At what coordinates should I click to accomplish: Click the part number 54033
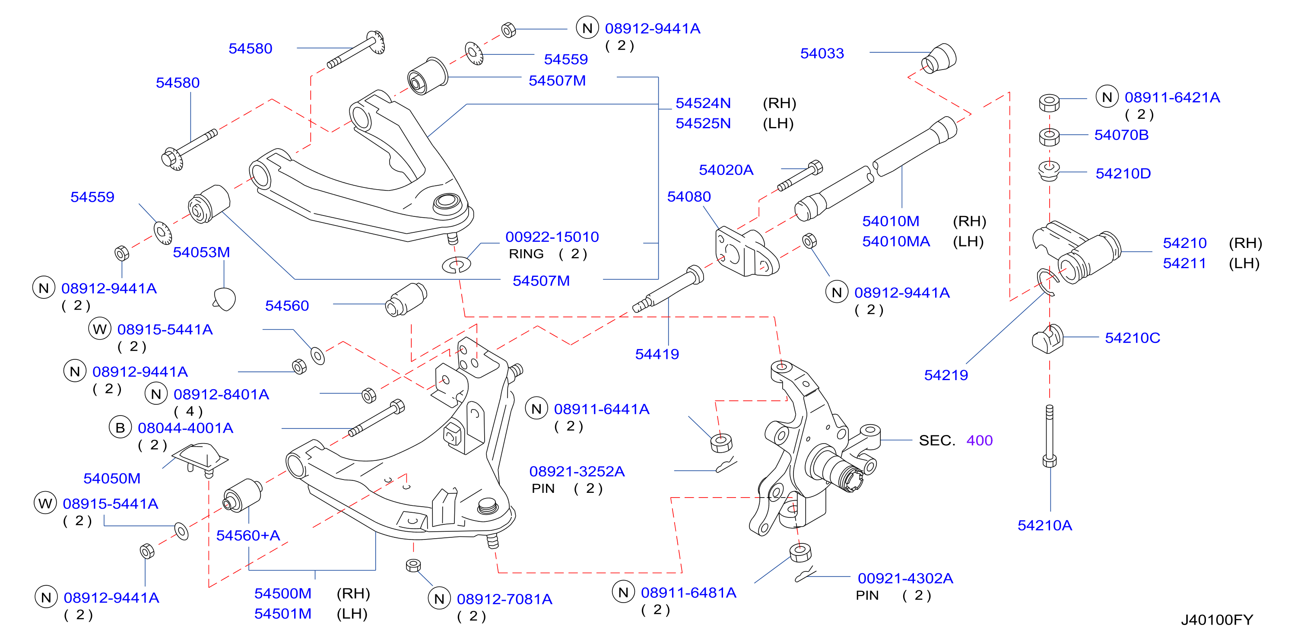point(822,53)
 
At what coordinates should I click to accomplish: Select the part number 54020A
point(726,170)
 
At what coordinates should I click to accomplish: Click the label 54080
point(688,197)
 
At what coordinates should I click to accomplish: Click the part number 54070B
point(1121,135)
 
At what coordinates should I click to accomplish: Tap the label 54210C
point(1132,338)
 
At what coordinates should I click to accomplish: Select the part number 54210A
point(1044,525)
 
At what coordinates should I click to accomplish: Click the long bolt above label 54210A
point(1049,435)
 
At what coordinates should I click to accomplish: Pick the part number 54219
point(945,375)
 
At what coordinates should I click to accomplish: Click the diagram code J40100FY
point(1216,620)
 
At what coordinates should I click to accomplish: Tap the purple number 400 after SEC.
point(979,441)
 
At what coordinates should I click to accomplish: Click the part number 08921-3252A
point(577,471)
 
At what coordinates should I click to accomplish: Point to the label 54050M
point(111,479)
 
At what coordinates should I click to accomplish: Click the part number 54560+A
point(247,535)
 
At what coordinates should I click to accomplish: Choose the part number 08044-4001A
point(185,428)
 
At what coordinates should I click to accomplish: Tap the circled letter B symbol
point(120,428)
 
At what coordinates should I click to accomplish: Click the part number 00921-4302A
point(905,578)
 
